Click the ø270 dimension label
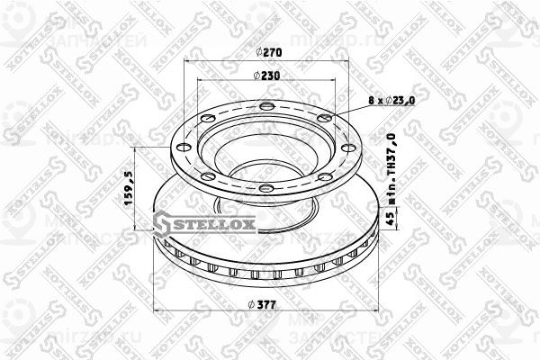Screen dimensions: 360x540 pos(265,52)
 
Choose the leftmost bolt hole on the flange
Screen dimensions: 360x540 pos(182,148)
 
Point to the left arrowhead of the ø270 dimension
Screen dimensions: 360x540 pos(185,60)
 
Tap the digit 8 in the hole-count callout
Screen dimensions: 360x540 pos(371,102)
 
